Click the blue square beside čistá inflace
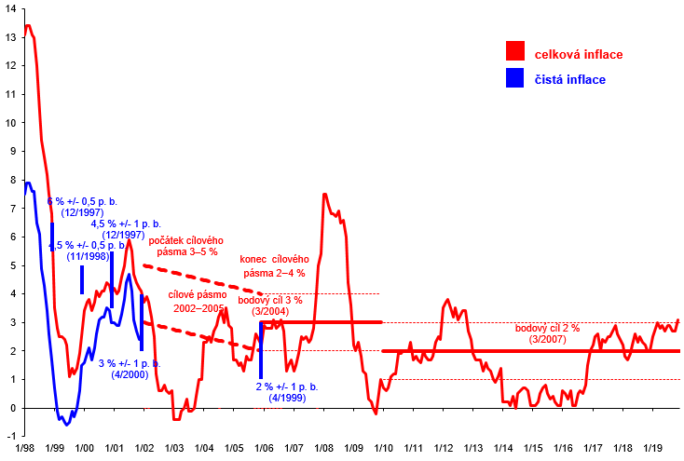(514, 78)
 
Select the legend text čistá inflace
(569, 79)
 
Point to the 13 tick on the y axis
(11, 37)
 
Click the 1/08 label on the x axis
(323, 449)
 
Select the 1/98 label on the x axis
(24, 449)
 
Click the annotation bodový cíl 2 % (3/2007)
(547, 333)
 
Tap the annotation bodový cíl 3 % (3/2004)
(270, 305)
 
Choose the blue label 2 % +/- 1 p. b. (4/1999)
(288, 392)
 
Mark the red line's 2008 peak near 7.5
(323, 194)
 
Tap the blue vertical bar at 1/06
(261, 349)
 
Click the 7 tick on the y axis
(11, 209)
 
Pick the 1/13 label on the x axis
(473, 449)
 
